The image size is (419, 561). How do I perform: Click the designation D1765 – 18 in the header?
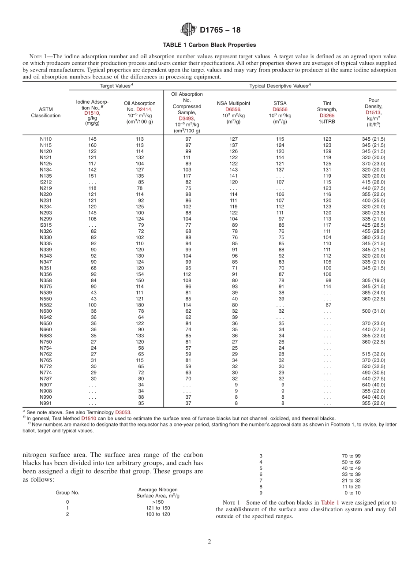(x=220, y=30)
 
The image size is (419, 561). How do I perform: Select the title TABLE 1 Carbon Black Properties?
(x=209, y=45)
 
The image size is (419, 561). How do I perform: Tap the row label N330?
(x=45, y=237)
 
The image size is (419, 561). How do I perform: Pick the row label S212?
(x=45, y=182)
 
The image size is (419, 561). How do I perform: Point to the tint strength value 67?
(x=328, y=305)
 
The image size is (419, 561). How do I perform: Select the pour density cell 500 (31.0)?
(x=373, y=311)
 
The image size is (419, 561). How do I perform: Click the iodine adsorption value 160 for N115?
(x=92, y=145)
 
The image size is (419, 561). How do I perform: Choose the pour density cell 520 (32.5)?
(x=373, y=367)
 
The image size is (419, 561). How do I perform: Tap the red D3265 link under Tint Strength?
(x=327, y=116)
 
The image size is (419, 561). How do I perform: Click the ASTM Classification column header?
(x=45, y=112)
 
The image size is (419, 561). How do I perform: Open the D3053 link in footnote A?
(x=123, y=412)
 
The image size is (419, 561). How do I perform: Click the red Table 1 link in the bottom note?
(x=330, y=502)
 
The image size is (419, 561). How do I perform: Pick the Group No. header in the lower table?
(x=67, y=493)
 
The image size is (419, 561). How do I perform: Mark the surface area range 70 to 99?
(x=352, y=456)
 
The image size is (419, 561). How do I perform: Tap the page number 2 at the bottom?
(x=209, y=542)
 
